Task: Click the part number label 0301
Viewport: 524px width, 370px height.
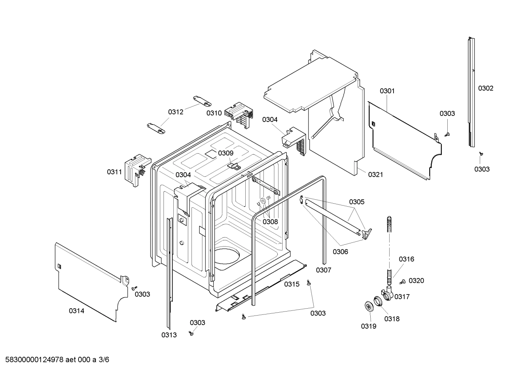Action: (x=387, y=91)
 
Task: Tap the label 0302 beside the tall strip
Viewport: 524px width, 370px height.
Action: (x=485, y=88)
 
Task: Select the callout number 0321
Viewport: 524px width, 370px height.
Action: (x=375, y=175)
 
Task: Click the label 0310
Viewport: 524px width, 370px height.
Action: (x=214, y=113)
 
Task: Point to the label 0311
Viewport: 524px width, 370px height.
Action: (x=114, y=172)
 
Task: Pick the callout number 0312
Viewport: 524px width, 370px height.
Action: (x=176, y=112)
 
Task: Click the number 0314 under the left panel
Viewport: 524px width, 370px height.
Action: (x=76, y=311)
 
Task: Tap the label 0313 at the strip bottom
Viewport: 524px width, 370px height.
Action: (x=169, y=335)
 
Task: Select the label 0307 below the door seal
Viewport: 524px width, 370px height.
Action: (x=323, y=270)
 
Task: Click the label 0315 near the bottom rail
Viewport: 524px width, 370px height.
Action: (x=292, y=284)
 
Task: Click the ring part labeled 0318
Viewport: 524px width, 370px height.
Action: (x=378, y=301)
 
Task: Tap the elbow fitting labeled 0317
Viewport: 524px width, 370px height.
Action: (x=387, y=293)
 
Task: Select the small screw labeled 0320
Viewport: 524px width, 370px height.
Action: (x=403, y=281)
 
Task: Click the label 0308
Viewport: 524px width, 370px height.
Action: (x=270, y=221)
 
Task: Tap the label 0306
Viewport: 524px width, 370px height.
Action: (x=340, y=251)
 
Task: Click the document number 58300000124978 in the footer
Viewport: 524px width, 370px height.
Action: (x=35, y=360)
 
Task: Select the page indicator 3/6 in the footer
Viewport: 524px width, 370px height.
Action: (x=104, y=360)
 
